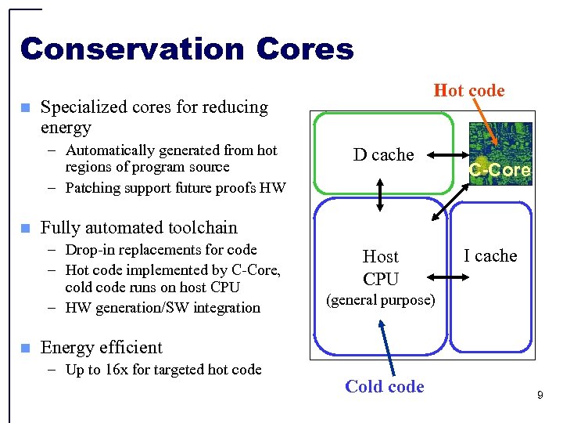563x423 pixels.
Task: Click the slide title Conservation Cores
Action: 187,49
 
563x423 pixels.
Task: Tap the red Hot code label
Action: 469,90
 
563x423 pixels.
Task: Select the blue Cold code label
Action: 385,386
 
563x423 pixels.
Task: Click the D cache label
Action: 383,154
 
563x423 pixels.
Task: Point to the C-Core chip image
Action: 500,154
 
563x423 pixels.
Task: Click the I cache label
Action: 490,255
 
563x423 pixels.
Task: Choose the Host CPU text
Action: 381,267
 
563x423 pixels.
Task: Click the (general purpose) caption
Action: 380,300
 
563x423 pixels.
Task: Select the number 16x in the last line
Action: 117,369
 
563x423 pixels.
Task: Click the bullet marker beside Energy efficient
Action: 25,348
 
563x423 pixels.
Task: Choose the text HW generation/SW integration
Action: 163,308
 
